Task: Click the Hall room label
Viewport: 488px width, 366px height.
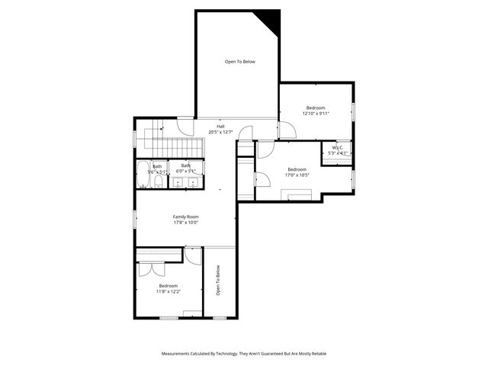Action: [220, 127]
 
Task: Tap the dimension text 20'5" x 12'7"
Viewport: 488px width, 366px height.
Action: [220, 132]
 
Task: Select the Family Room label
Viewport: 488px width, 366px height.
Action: [185, 217]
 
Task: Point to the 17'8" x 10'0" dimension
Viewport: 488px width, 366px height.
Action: [185, 223]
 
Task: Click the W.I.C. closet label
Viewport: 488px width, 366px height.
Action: [337, 148]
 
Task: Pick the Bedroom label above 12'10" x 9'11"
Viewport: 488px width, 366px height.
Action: [316, 108]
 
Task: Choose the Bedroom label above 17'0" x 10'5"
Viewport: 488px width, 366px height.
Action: [297, 169]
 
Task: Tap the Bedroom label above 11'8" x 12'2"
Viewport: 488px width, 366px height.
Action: [169, 285]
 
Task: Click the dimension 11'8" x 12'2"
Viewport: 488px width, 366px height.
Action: [169, 291]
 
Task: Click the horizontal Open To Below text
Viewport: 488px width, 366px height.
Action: [239, 62]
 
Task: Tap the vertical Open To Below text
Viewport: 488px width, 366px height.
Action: [217, 280]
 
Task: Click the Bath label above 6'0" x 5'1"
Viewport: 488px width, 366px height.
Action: [186, 165]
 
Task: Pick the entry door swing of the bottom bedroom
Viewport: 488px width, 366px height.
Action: [192, 255]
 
